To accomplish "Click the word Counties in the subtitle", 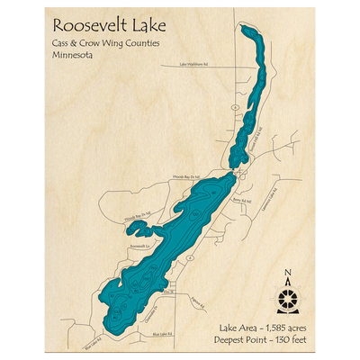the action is point(139,41).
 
